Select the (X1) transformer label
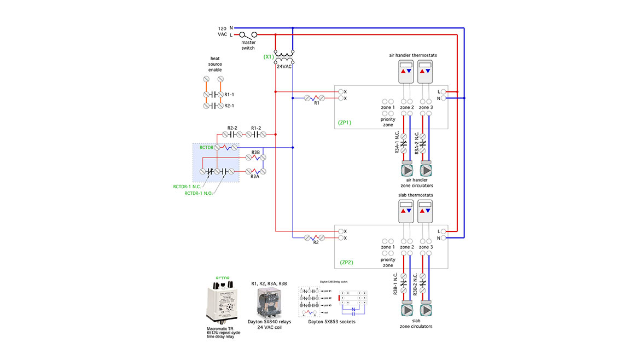(x=268, y=56)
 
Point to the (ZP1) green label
(x=346, y=123)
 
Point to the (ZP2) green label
(x=347, y=262)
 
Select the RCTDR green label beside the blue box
(x=206, y=147)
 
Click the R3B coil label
(x=255, y=152)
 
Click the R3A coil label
(x=255, y=177)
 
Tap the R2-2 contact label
(x=232, y=128)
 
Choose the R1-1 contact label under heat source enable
(x=230, y=94)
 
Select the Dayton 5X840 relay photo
(x=269, y=303)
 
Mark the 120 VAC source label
(x=223, y=31)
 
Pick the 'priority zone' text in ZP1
(x=388, y=122)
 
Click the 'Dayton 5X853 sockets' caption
(x=331, y=322)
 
